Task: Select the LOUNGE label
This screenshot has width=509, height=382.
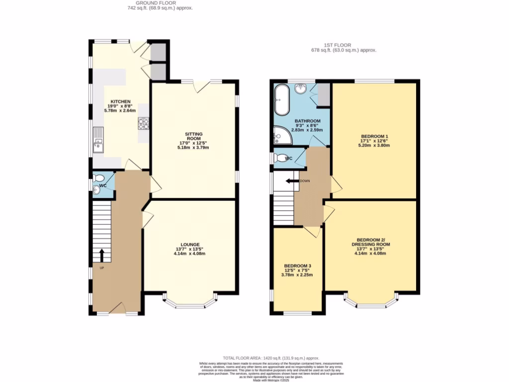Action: coord(190,245)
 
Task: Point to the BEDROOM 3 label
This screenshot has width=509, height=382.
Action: coord(297,266)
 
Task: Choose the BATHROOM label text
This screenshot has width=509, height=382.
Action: coord(307,121)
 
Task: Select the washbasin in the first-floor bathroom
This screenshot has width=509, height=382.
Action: coord(300,89)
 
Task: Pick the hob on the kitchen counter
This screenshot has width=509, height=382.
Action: coord(144,123)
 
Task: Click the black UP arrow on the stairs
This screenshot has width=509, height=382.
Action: coord(102,255)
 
